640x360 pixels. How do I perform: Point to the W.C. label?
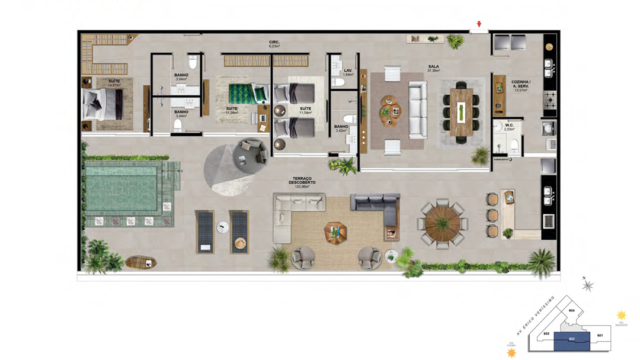click(x=508, y=126)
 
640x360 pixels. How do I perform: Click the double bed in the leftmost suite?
click(x=103, y=103)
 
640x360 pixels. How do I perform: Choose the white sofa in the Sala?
click(x=415, y=105)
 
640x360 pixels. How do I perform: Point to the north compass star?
click(x=588, y=286)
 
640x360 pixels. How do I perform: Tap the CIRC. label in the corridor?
click(x=272, y=43)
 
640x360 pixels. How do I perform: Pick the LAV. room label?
click(x=348, y=71)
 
